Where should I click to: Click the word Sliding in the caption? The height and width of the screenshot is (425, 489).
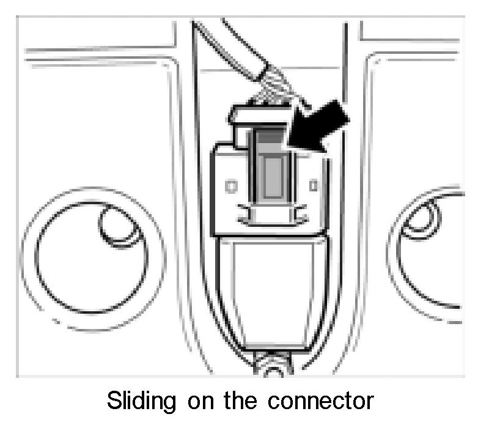point(144,401)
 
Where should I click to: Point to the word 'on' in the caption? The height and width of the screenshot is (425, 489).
point(205,401)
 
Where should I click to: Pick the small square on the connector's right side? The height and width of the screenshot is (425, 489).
point(313,183)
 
